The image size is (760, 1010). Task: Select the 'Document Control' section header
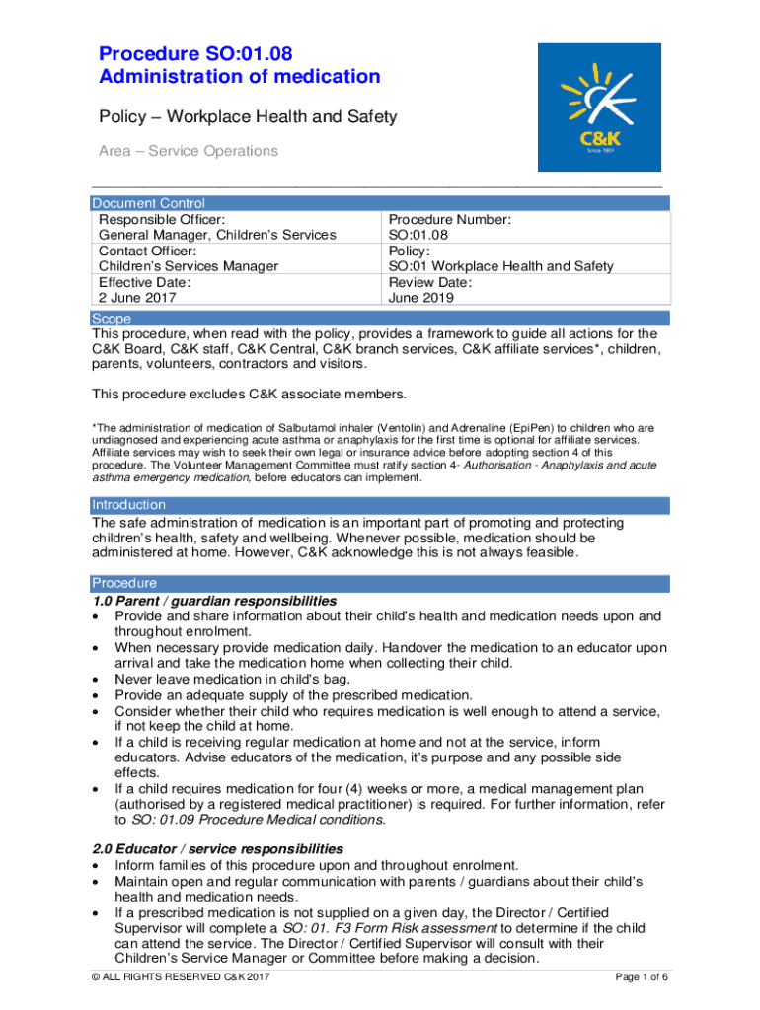pos(148,203)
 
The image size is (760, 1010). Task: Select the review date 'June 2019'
pos(422,297)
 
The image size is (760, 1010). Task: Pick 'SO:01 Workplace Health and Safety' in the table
pos(500,266)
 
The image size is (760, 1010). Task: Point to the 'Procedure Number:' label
pos(449,219)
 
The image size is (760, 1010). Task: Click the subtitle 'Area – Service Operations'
pos(188,151)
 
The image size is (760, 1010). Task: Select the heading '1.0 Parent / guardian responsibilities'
pos(214,601)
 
